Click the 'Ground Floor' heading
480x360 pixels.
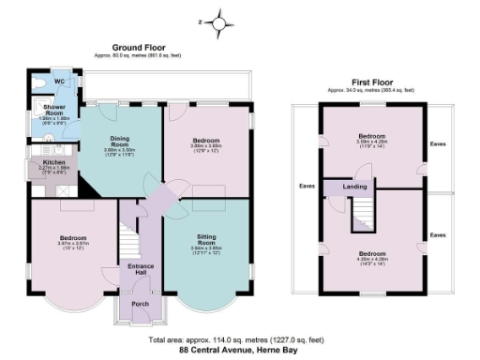pos(139,47)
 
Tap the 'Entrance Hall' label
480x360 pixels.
pos(141,269)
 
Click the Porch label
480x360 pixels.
pos(141,303)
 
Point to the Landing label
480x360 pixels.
pos(355,186)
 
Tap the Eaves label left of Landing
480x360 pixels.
pos(307,186)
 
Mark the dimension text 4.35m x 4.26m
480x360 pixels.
pos(372,261)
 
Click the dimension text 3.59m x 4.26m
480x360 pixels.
pos(372,143)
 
